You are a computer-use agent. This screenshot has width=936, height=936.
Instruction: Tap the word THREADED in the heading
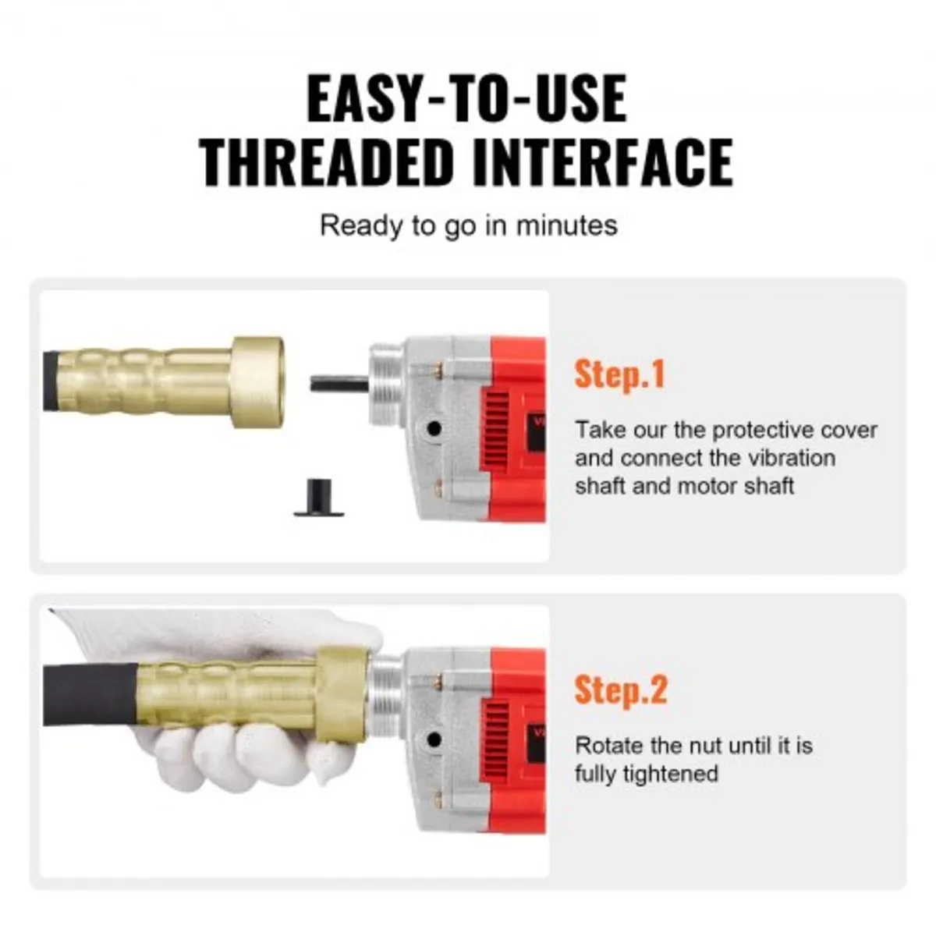point(327,161)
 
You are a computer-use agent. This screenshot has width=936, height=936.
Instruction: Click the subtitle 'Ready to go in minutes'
point(468,226)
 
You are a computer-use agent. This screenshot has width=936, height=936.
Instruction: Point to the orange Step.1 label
point(620,374)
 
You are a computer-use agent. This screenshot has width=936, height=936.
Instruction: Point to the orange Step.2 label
point(621,690)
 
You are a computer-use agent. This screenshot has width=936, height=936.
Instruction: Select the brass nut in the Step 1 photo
point(257,382)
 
